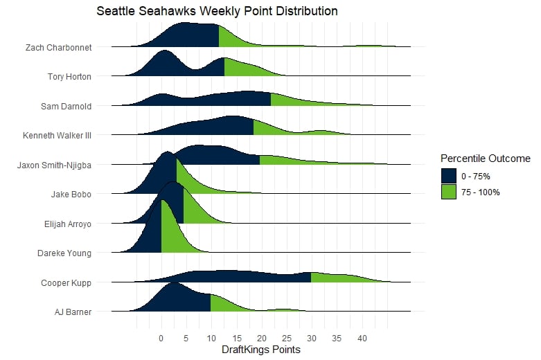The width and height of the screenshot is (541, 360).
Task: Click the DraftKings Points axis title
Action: pyautogui.click(x=261, y=350)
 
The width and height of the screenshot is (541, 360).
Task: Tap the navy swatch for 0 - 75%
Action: pyautogui.click(x=449, y=176)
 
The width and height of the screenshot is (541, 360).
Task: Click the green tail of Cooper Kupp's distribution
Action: pyautogui.click(x=339, y=278)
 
